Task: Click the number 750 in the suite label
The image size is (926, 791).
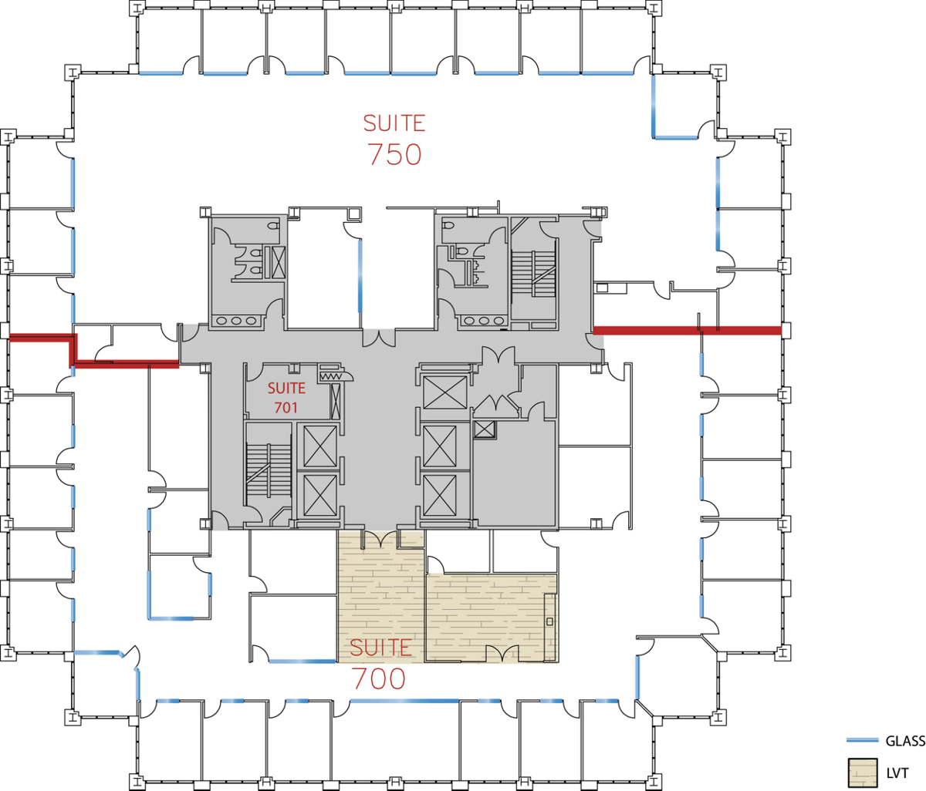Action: coord(394,154)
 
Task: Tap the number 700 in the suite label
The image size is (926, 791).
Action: coord(379,678)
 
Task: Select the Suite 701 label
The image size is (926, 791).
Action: coord(286,398)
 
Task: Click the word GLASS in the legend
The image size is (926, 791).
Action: coord(905,742)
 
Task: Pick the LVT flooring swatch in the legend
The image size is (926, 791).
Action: coord(863,772)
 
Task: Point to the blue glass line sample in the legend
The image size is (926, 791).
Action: coord(862,740)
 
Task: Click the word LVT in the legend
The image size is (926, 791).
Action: coord(897,773)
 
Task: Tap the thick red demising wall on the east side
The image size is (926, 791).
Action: coord(688,331)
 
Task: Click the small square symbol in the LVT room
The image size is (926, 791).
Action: coord(549,621)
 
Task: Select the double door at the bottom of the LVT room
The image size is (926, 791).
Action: coord(502,654)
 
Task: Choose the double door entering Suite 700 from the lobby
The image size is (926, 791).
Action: coord(380,539)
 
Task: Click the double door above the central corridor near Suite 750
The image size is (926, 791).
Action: coord(379,338)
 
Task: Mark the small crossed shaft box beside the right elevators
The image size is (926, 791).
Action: coord(485,429)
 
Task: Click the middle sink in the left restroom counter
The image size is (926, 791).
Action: coord(236,321)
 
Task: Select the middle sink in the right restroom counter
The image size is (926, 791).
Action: coord(484,321)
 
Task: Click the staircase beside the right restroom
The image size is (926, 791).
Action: coord(533,274)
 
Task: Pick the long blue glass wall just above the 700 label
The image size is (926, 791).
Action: coord(404,701)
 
